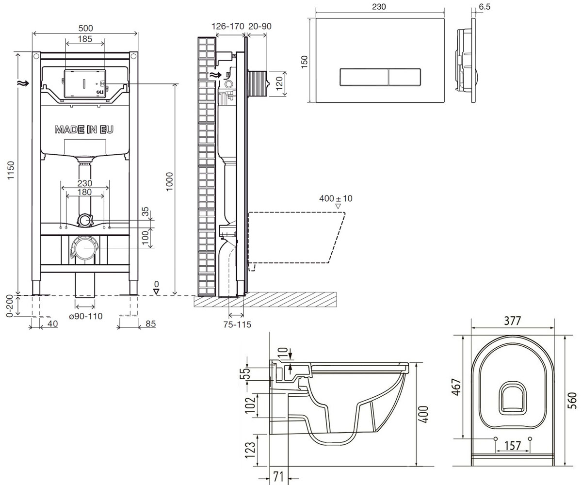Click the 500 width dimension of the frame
[x=85, y=28]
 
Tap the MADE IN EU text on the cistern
[x=84, y=129]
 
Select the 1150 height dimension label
[x=11, y=170]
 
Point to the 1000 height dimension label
[x=169, y=181]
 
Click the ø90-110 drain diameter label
[x=85, y=316]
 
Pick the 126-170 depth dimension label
[x=228, y=26]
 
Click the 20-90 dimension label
[x=260, y=26]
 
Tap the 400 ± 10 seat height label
[x=336, y=198]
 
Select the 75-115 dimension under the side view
[x=237, y=324]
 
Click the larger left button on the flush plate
[x=364, y=77]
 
